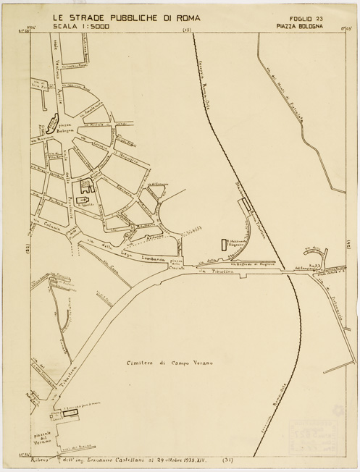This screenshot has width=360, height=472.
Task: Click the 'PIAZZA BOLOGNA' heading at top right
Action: pos(299,27)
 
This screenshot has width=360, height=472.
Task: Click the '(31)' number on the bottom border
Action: pos(227,460)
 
